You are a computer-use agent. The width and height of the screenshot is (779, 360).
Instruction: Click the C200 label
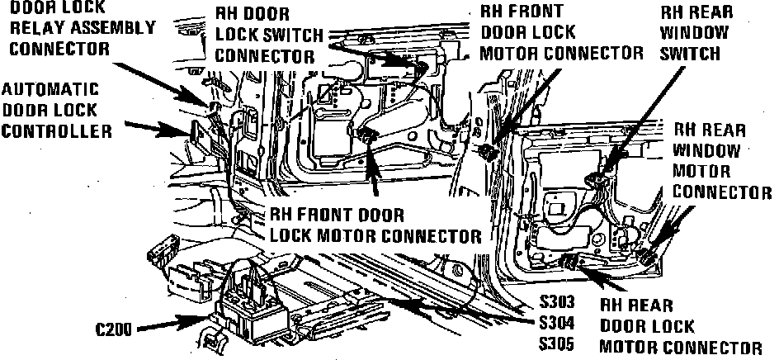tap(113, 329)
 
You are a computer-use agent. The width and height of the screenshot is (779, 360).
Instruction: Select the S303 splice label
tap(556, 302)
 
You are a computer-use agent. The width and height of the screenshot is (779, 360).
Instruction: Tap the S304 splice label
tap(556, 323)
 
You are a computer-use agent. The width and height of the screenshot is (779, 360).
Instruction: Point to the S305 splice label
tap(556, 344)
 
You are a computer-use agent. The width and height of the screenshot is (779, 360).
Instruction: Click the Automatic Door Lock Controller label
tap(57, 111)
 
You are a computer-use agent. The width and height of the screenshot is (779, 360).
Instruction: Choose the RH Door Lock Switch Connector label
tap(269, 35)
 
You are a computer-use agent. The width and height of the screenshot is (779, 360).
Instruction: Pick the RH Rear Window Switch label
tap(696, 33)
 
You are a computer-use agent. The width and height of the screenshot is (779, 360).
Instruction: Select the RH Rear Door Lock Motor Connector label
tap(680, 326)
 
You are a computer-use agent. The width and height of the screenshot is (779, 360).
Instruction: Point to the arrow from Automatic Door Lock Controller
tap(158, 129)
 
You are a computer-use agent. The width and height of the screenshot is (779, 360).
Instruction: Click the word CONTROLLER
tap(57, 131)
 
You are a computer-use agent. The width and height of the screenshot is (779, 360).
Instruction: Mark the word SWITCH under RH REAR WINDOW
tap(690, 54)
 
